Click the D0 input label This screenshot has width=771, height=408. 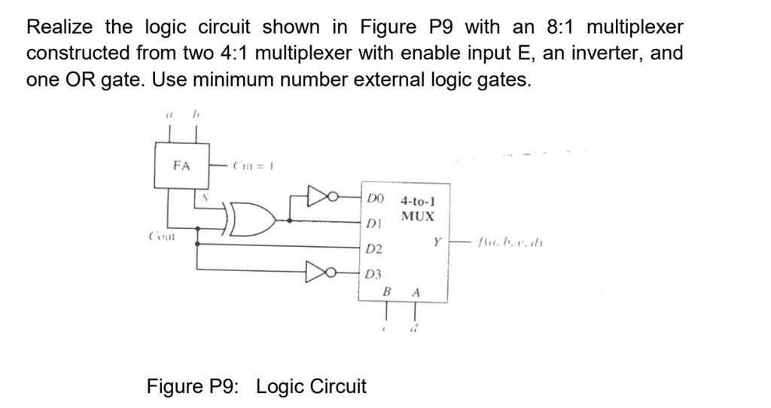(x=376, y=199)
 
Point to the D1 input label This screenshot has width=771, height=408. (x=375, y=224)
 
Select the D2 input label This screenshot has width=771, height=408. (x=375, y=248)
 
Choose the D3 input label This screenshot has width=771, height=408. (x=375, y=275)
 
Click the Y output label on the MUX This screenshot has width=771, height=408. (x=436, y=242)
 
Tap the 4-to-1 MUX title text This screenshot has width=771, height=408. (x=418, y=209)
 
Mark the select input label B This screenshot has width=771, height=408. (x=387, y=292)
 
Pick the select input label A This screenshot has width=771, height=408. (x=415, y=292)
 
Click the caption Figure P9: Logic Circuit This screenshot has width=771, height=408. (x=256, y=387)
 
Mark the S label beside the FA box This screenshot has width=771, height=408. (x=203, y=196)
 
